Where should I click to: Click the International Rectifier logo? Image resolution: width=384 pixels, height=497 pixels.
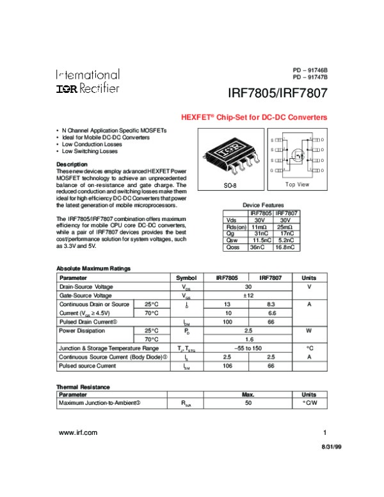point(87,81)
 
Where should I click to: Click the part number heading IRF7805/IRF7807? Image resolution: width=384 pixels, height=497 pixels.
point(278,94)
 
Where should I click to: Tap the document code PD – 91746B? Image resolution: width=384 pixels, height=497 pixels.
point(310,69)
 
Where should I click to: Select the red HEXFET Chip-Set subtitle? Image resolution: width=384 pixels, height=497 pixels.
point(254,118)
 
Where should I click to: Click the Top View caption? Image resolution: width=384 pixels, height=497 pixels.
point(297,184)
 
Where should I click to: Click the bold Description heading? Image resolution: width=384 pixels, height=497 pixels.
point(72,165)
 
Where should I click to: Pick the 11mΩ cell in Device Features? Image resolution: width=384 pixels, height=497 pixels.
point(259,226)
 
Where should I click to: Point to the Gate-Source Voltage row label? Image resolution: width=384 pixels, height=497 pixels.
point(85,296)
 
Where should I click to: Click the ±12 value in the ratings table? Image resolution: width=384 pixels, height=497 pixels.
point(247,296)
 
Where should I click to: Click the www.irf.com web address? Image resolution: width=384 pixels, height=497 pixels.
point(78,433)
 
